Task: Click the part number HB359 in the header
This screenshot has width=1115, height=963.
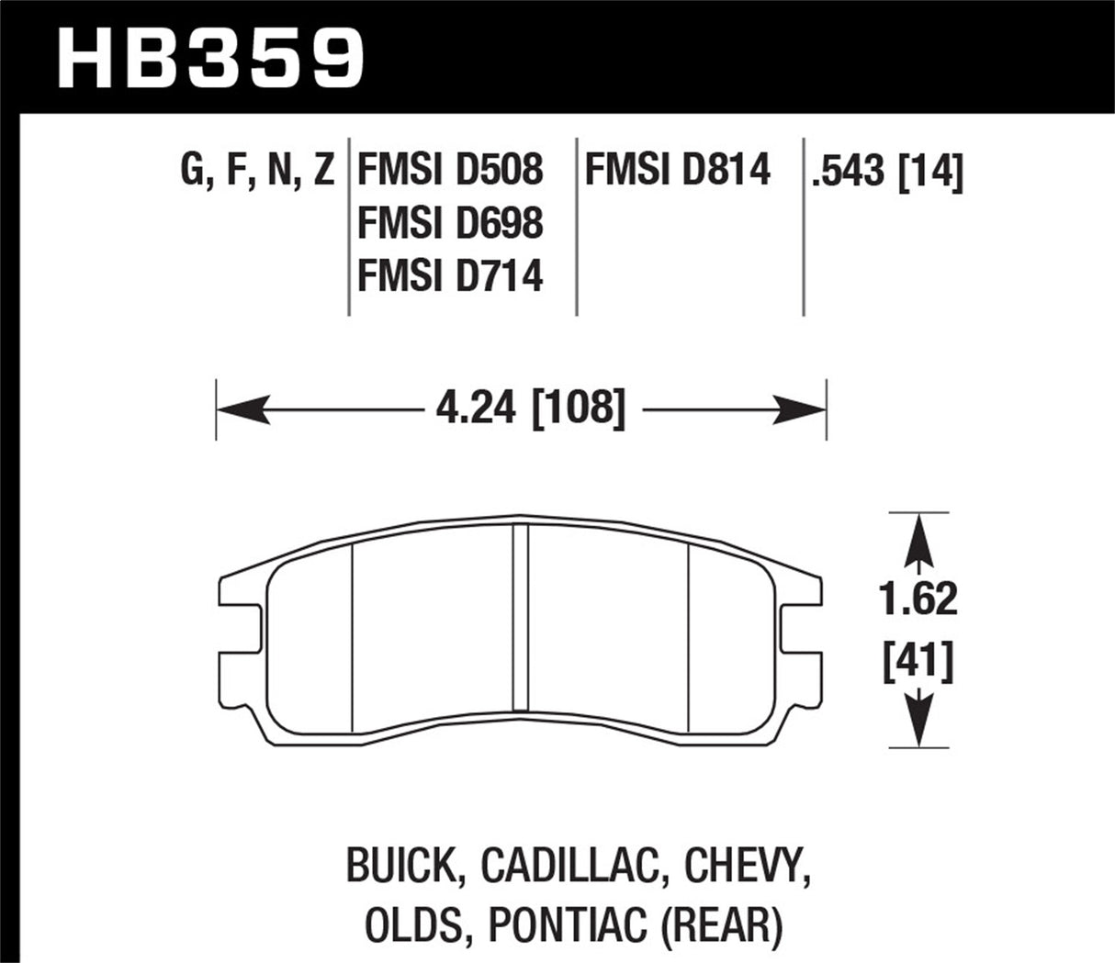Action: [x=210, y=57]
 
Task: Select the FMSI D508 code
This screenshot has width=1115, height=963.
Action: [x=450, y=171]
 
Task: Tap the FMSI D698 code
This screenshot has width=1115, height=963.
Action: [x=450, y=223]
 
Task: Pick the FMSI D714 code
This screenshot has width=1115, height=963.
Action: [x=450, y=275]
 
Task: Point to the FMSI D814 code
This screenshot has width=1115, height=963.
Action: [x=678, y=171]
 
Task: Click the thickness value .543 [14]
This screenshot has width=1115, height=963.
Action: [x=886, y=172]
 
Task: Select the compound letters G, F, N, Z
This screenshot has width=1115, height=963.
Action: [x=258, y=171]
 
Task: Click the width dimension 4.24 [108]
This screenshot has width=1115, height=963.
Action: [x=531, y=409]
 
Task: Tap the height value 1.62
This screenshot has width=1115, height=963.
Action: [x=918, y=599]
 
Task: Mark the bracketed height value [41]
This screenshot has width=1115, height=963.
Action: [x=918, y=661]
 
